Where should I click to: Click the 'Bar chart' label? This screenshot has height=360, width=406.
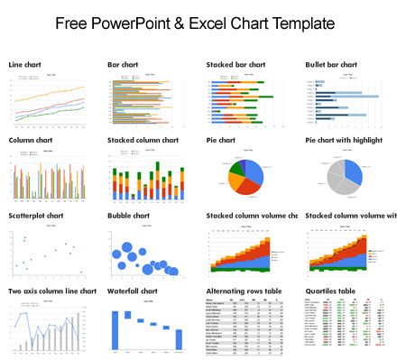tap(123, 65)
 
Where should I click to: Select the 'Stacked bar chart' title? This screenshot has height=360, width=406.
tap(235, 65)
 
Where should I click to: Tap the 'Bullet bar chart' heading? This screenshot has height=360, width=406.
tap(332, 65)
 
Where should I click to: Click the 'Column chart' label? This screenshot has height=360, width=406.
tap(31, 141)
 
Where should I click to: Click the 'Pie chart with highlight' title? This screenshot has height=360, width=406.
tap(350, 141)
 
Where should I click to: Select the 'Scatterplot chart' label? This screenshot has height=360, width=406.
tap(36, 216)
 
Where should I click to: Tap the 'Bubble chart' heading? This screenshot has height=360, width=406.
tap(131, 216)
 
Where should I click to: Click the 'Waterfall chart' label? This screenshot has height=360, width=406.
tap(133, 291)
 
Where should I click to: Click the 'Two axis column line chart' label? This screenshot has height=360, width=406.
tap(52, 291)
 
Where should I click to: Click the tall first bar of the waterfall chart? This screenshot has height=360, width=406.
tap(115, 330)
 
